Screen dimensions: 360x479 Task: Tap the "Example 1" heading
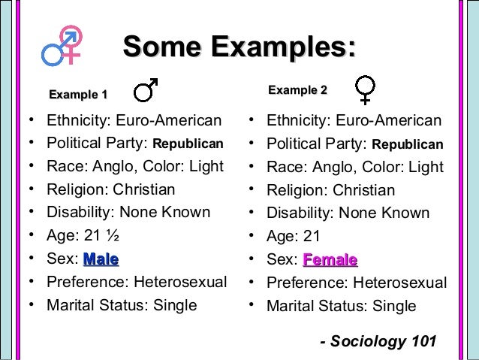(78, 95)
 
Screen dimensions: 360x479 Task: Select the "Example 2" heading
(298, 91)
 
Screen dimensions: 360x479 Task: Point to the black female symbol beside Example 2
(365, 89)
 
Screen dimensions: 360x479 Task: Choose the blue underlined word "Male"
(101, 259)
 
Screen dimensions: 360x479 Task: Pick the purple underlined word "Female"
(330, 260)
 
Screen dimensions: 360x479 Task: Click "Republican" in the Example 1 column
(188, 144)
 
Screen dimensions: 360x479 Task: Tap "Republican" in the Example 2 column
(408, 144)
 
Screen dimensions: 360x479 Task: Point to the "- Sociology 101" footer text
(378, 341)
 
